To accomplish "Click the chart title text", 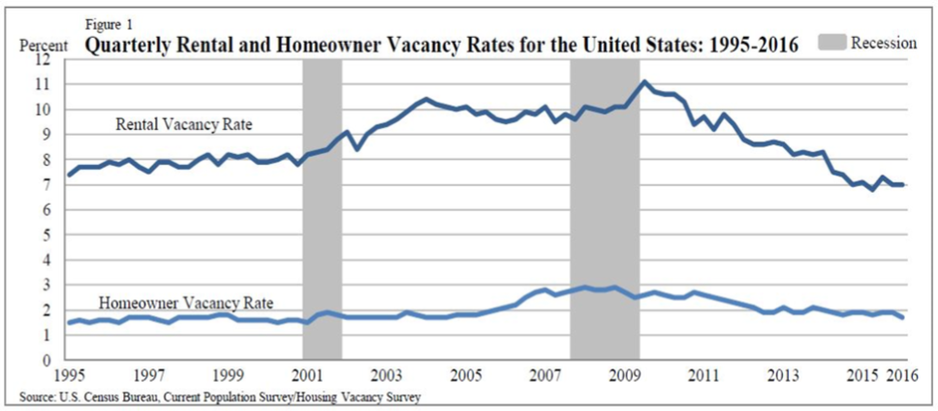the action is [443, 46].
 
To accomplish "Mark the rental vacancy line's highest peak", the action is [643, 82].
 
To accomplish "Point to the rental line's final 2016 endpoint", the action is [902, 185].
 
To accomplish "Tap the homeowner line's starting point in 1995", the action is [70, 323].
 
